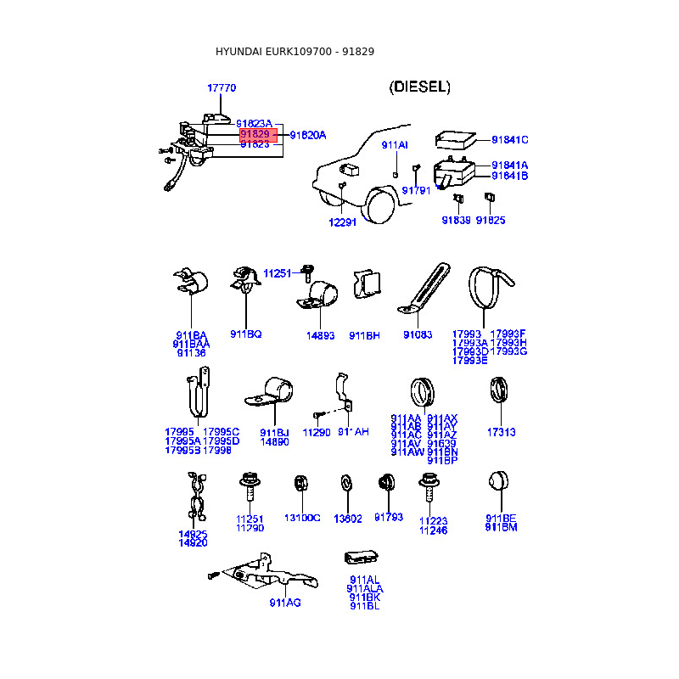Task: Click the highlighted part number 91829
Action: pyautogui.click(x=255, y=134)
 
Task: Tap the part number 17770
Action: pyautogui.click(x=222, y=88)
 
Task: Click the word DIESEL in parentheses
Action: pyautogui.click(x=419, y=87)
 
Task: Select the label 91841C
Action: pyautogui.click(x=509, y=140)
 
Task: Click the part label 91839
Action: pyautogui.click(x=456, y=220)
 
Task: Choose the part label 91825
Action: pyautogui.click(x=491, y=220)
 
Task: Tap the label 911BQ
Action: pyautogui.click(x=246, y=334)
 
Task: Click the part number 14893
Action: pyautogui.click(x=321, y=335)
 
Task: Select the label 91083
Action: pyautogui.click(x=418, y=335)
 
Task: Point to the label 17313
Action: pyautogui.click(x=501, y=432)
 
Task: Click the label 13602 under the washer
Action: pyautogui.click(x=348, y=519)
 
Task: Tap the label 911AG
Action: pyautogui.click(x=285, y=603)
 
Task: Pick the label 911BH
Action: pyautogui.click(x=364, y=335)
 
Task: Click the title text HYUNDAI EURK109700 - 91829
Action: pyautogui.click(x=295, y=52)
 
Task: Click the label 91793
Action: pyautogui.click(x=389, y=517)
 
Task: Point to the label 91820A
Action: pyautogui.click(x=307, y=135)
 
